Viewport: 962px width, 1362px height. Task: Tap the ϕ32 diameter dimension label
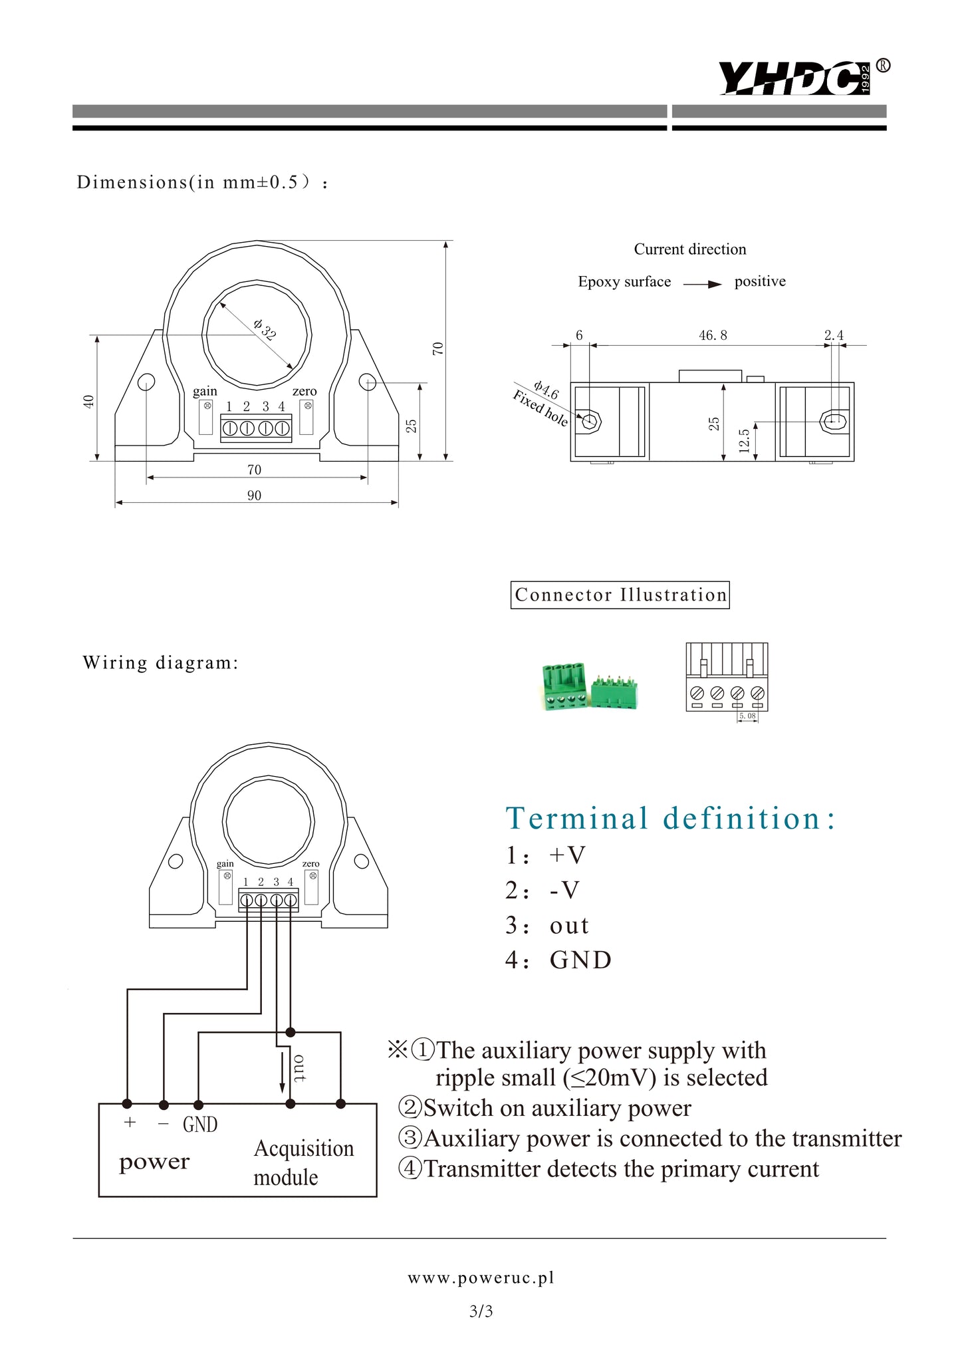click(x=264, y=330)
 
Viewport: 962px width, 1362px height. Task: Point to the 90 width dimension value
click(x=254, y=495)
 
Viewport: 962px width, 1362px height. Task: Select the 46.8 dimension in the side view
click(x=713, y=336)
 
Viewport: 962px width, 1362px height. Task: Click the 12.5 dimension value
click(x=745, y=440)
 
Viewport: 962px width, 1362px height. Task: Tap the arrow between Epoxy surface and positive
click(x=702, y=284)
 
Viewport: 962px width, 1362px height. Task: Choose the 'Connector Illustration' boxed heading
click(x=620, y=595)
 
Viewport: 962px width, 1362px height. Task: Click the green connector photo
click(x=590, y=686)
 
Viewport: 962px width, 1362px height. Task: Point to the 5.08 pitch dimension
click(x=747, y=716)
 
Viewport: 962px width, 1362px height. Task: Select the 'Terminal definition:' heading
click(x=670, y=818)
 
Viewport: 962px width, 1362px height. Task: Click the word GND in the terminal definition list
click(x=580, y=960)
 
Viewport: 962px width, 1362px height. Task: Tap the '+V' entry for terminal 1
click(x=567, y=855)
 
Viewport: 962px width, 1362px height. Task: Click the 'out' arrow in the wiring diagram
click(x=282, y=1072)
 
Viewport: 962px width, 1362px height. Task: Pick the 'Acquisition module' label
click(x=303, y=1162)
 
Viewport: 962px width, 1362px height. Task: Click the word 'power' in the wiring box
click(x=154, y=1161)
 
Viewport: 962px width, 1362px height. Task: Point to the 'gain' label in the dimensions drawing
click(x=205, y=391)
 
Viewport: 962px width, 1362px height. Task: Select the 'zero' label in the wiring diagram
click(x=310, y=864)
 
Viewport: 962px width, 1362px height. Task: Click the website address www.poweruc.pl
click(x=481, y=1278)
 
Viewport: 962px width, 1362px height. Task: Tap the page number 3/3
click(x=481, y=1311)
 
